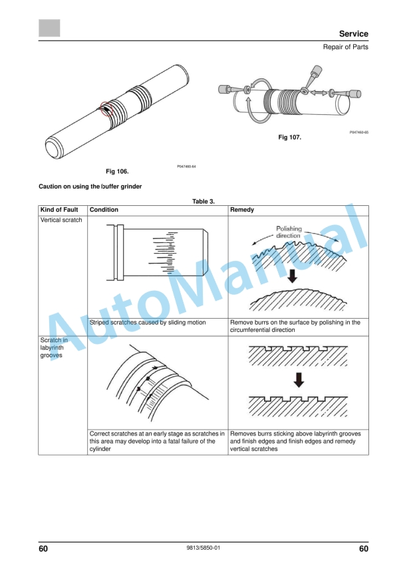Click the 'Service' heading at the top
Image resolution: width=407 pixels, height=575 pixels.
pos(353,34)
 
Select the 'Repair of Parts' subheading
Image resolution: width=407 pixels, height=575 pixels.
pos(345,48)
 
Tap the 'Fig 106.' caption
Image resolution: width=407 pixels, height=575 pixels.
pos(117,171)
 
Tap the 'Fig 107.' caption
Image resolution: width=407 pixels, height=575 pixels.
pos(289,137)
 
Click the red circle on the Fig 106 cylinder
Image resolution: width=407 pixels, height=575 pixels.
pos(107,108)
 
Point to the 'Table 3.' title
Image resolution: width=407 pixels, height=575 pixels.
pos(203,201)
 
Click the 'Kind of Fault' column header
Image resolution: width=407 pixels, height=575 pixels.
pos(59,210)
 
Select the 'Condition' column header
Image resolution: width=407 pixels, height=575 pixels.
pos(104,210)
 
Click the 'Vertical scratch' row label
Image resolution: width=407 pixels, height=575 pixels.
pos(62,220)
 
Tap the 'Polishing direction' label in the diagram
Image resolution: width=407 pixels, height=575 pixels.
pos(289,232)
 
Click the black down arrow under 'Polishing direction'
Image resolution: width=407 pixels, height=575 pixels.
pos(291,276)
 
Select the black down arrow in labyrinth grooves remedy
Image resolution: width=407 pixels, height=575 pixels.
pos(299,379)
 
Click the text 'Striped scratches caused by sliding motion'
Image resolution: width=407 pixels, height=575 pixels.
pos(147,323)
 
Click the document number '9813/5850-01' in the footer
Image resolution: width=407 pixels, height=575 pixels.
pos(203,548)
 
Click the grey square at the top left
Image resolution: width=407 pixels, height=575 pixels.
pos(49,28)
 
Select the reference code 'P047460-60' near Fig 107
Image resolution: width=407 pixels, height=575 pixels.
pos(358,133)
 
